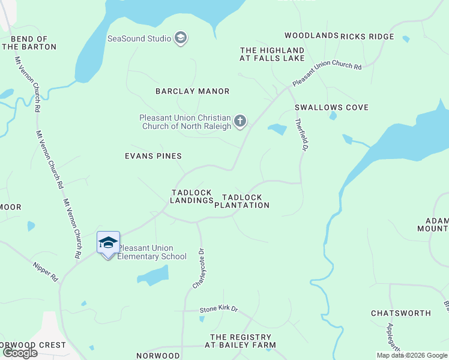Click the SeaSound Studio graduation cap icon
click(x=180, y=39)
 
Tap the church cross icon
click(x=240, y=122)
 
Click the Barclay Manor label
click(x=192, y=91)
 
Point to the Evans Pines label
click(x=153, y=156)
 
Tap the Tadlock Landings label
click(x=192, y=196)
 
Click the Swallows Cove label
click(x=331, y=107)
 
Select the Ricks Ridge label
click(x=367, y=37)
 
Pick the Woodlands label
click(x=312, y=36)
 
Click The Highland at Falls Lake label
click(x=272, y=54)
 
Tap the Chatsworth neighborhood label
click(x=401, y=313)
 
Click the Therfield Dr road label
click(x=302, y=133)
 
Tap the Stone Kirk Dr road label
click(x=219, y=310)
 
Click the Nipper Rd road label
click(x=46, y=271)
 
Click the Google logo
click(x=20, y=353)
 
